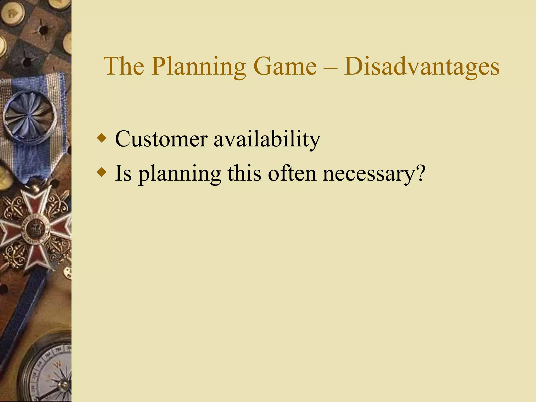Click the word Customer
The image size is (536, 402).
[161, 139]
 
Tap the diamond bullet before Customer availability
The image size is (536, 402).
[102, 138]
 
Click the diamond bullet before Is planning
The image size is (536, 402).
[102, 173]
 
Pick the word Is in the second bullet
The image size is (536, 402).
[123, 173]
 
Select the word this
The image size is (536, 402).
[244, 173]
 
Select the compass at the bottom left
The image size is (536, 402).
[50, 372]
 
